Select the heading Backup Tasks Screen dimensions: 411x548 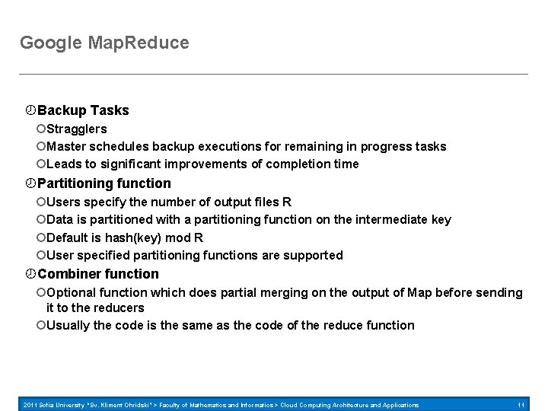pyautogui.click(x=83, y=110)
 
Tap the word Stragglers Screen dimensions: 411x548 pyautogui.click(x=76, y=129)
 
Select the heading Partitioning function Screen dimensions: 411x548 pyautogui.click(x=104, y=183)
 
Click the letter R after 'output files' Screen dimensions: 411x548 pyautogui.click(x=286, y=202)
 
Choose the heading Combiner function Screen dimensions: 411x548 pyautogui.click(x=98, y=274)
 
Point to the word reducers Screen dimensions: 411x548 pyautogui.click(x=118, y=307)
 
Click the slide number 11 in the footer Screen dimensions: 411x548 pyautogui.click(x=521, y=405)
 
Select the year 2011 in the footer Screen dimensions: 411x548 pyautogui.click(x=32, y=405)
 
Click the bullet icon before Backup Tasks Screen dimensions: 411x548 pyautogui.click(x=30, y=110)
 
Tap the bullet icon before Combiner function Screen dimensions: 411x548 pyautogui.click(x=30, y=274)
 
